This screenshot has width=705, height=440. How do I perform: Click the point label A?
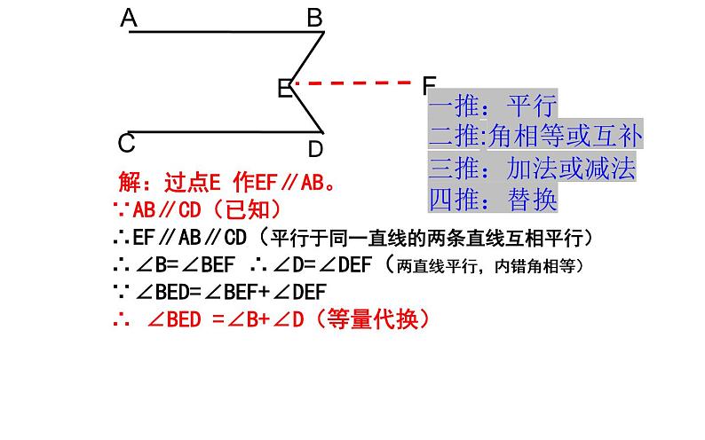click(x=130, y=18)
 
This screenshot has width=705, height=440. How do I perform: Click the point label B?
click(x=315, y=18)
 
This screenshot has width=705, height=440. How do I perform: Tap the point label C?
click(x=127, y=143)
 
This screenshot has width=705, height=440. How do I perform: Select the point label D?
click(x=315, y=148)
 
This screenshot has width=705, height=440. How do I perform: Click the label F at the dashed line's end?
click(x=430, y=85)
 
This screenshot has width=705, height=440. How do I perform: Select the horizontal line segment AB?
click(x=222, y=33)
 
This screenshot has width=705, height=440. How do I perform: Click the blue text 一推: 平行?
click(x=492, y=107)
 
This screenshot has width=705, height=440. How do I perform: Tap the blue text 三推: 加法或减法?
click(x=531, y=169)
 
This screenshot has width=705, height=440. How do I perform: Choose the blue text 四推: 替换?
click(x=492, y=200)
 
